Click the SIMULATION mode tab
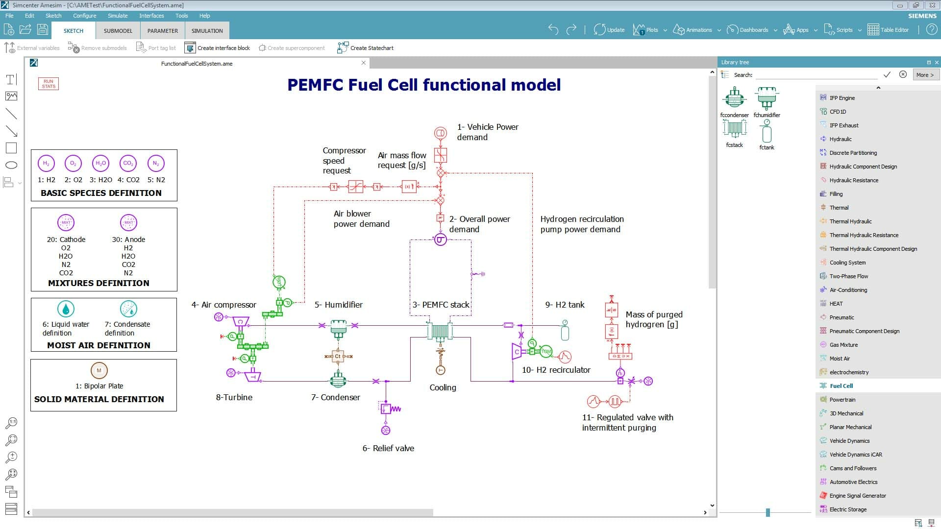[207, 30]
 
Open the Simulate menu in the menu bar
[118, 16]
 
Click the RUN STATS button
[49, 84]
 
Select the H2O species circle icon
[100, 164]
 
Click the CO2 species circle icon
[128, 164]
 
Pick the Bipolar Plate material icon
[99, 371]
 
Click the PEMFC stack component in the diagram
[440, 332]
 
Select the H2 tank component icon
[565, 331]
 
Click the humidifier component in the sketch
[338, 328]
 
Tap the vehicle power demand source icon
[440, 133]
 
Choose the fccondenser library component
[734, 98]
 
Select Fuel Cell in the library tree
[841, 386]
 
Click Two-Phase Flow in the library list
[848, 276]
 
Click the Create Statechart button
[366, 48]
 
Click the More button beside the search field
[925, 75]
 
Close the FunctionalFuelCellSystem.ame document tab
[363, 63]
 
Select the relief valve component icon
[386, 409]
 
